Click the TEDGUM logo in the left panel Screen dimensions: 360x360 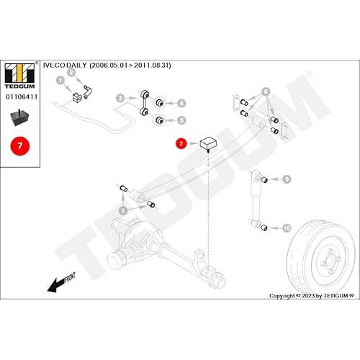point(20,76)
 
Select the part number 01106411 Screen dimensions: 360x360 point(22,96)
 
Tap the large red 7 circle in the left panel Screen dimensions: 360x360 point(20,146)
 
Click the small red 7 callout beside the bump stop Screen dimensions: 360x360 point(181,143)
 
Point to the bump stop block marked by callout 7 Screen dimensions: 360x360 point(208,143)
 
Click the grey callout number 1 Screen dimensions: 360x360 point(60,81)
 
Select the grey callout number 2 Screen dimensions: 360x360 point(71,73)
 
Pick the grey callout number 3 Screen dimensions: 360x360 point(120,98)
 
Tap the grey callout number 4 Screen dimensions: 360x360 point(181,103)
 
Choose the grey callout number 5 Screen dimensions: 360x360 point(181,120)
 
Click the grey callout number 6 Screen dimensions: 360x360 point(266,91)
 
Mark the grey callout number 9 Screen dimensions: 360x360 point(287,179)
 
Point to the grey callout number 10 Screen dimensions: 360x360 point(287,228)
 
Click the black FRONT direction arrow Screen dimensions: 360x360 point(61,283)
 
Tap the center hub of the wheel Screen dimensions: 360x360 point(330,261)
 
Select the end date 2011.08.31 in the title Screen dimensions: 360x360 point(151,66)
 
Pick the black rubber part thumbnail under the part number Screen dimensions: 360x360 point(19,117)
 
